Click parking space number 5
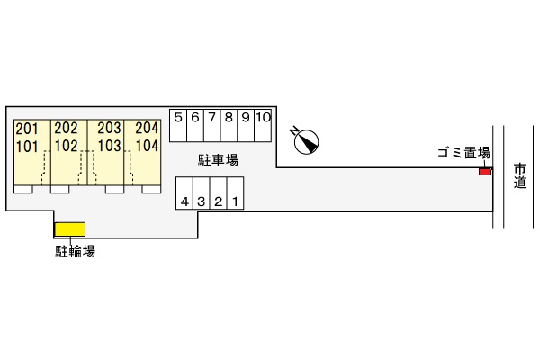click(x=178, y=126)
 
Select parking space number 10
click(x=263, y=126)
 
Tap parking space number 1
click(x=236, y=193)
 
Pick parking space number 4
click(x=184, y=193)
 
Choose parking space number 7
click(x=212, y=126)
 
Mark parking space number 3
click(x=202, y=193)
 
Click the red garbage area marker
click(x=485, y=172)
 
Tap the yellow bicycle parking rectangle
click(x=70, y=229)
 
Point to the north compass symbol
click(x=305, y=141)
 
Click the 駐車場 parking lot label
click(x=218, y=160)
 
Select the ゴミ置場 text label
click(x=463, y=153)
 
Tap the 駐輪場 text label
click(x=76, y=251)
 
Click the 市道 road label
click(x=520, y=175)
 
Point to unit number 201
click(x=27, y=130)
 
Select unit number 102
click(x=67, y=146)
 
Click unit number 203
click(x=109, y=128)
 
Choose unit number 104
click(x=147, y=146)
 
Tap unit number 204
click(x=147, y=128)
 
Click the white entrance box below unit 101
click(x=23, y=189)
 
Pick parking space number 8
click(x=229, y=126)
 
